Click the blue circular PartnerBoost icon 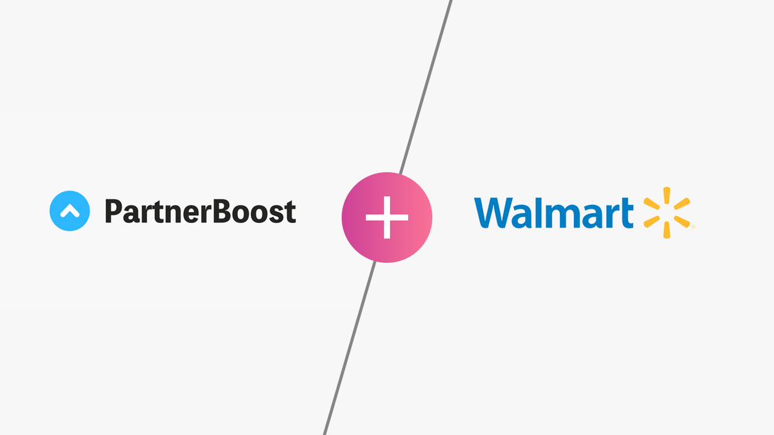pyautogui.click(x=69, y=211)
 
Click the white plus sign pyautogui.click(x=387, y=218)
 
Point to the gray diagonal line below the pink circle pyautogui.click(x=348, y=348)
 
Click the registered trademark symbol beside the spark pyautogui.click(x=692, y=227)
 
